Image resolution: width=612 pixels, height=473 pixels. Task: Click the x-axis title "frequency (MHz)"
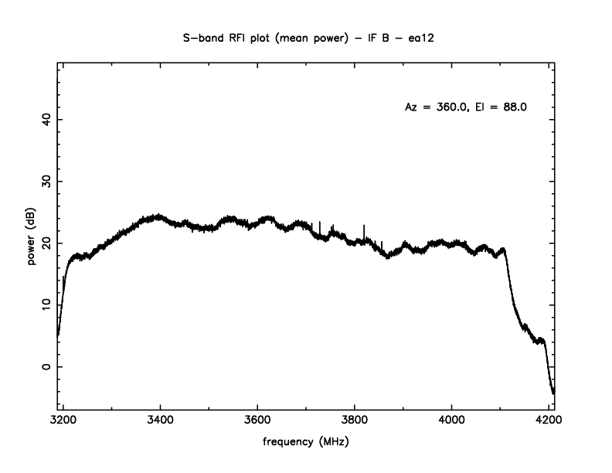pyautogui.click(x=306, y=444)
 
